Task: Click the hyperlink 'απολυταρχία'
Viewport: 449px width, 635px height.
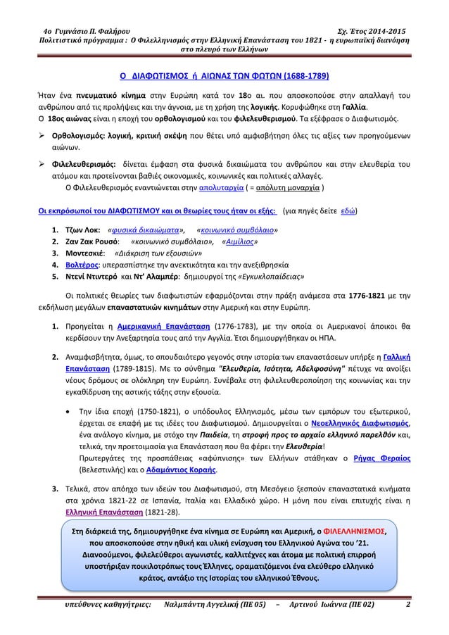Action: click(x=220, y=189)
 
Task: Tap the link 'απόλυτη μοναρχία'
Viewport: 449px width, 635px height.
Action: click(x=289, y=189)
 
